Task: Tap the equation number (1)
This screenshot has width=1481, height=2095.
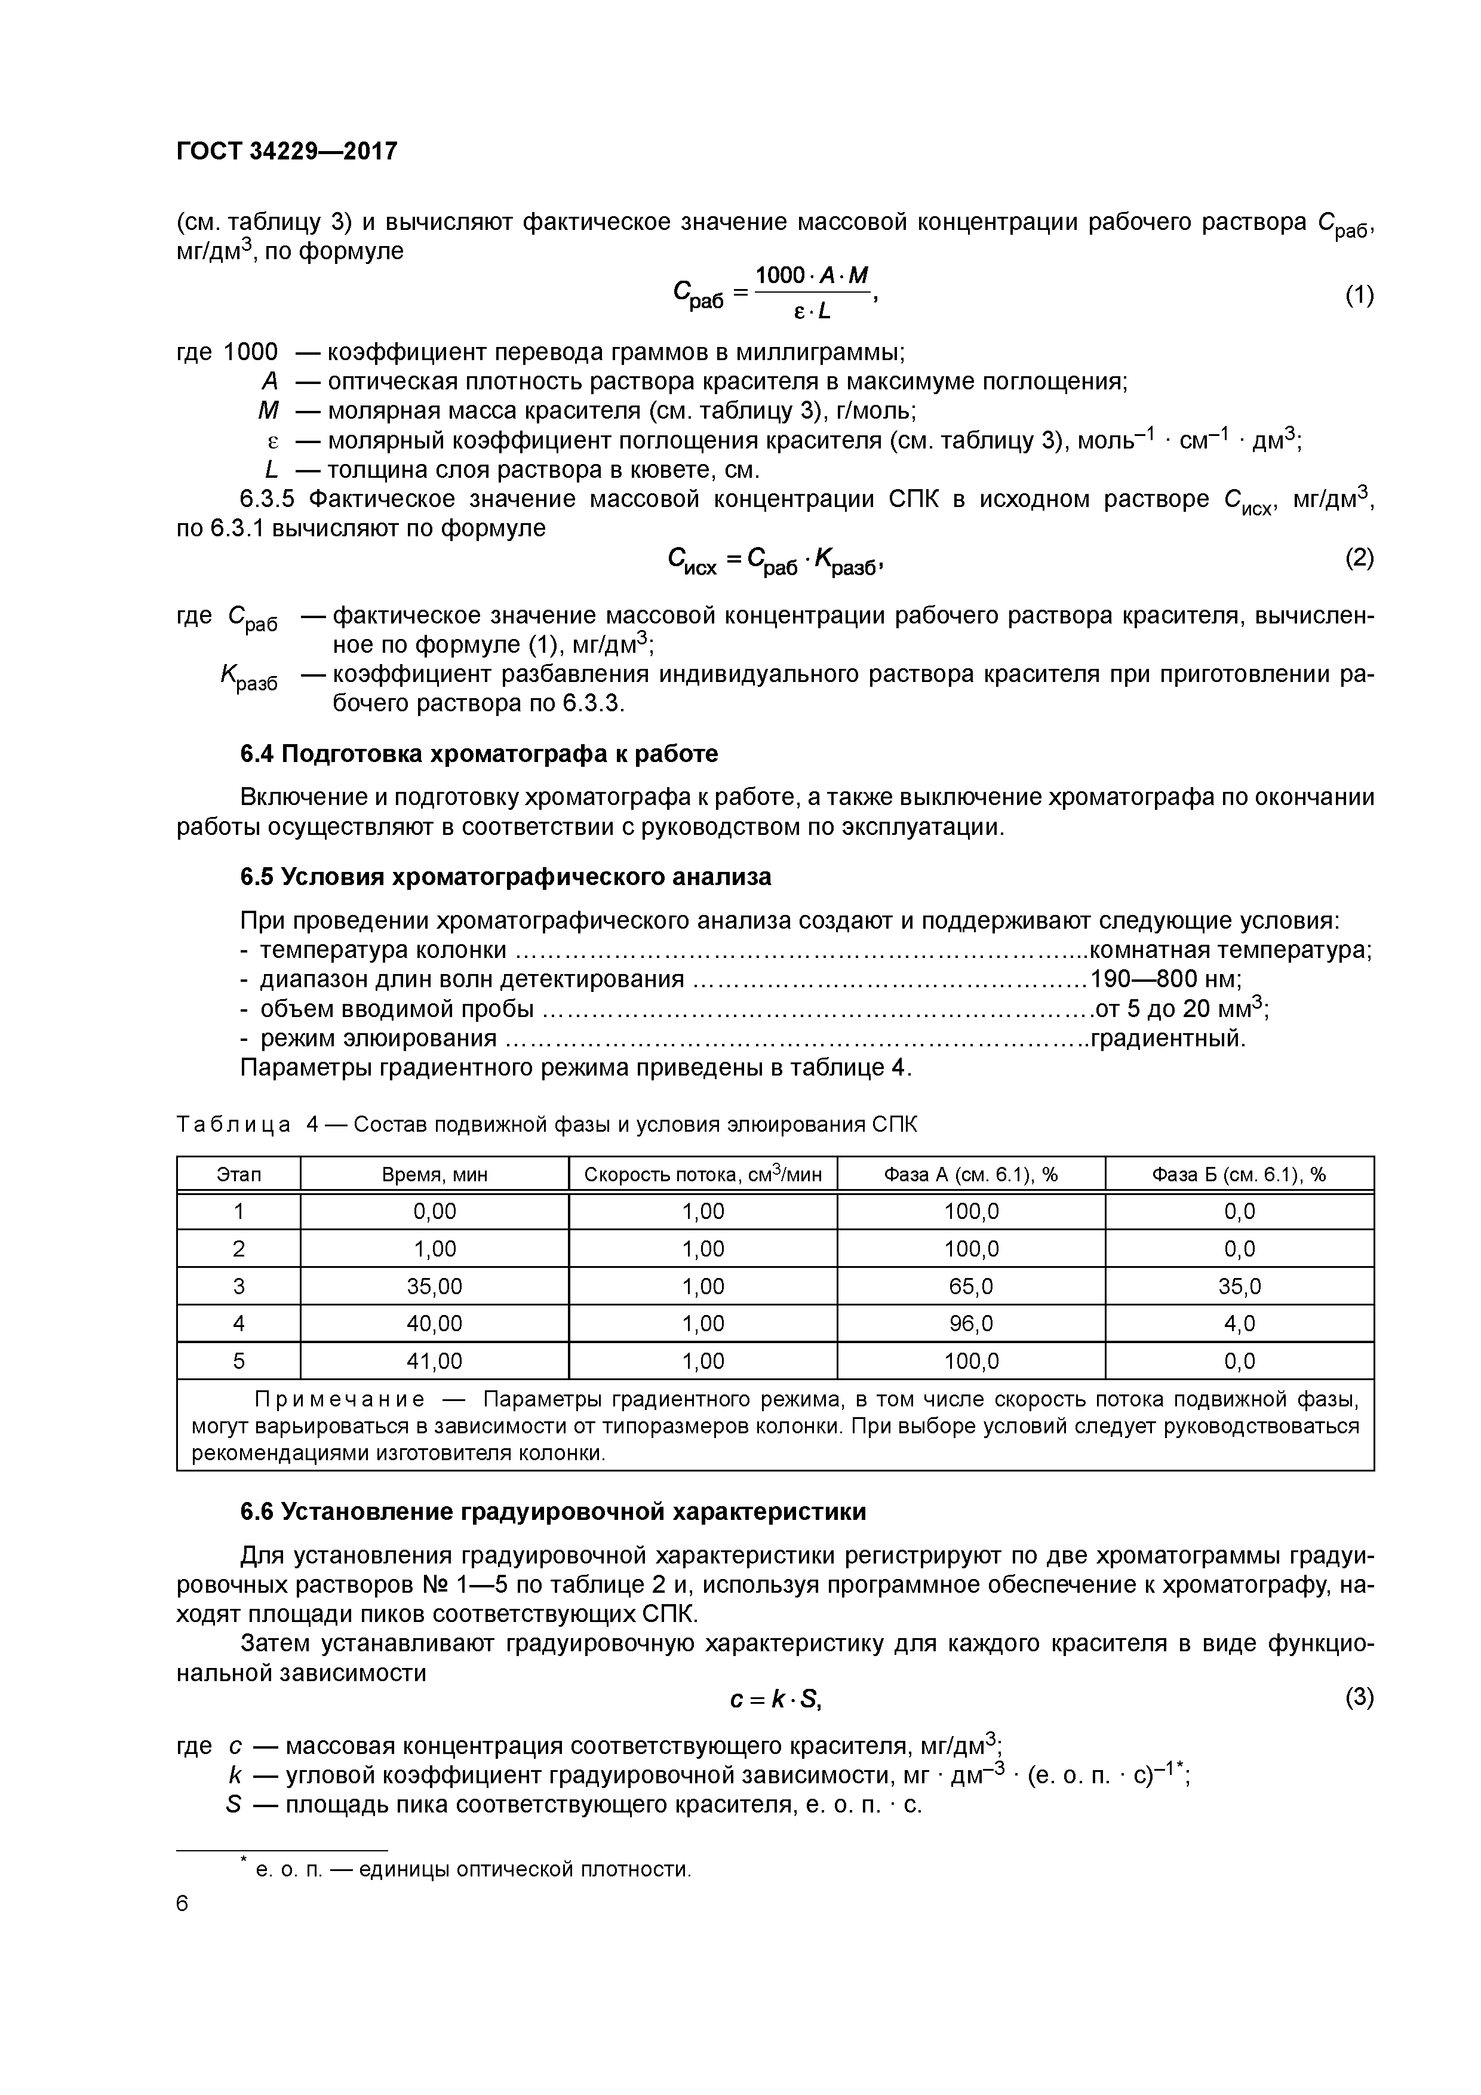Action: [1359, 295]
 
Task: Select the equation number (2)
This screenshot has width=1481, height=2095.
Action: [1359, 558]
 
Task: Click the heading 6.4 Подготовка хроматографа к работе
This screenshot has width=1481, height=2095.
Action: [479, 754]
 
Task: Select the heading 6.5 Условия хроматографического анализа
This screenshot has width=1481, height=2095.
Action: [506, 877]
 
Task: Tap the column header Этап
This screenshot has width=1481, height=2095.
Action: [238, 1174]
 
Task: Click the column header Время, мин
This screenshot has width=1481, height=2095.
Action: [434, 1174]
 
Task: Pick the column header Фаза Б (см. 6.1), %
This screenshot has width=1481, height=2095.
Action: [1239, 1174]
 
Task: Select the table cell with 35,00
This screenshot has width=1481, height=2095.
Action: [434, 1286]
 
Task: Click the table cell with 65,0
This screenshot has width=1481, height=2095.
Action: [971, 1286]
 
